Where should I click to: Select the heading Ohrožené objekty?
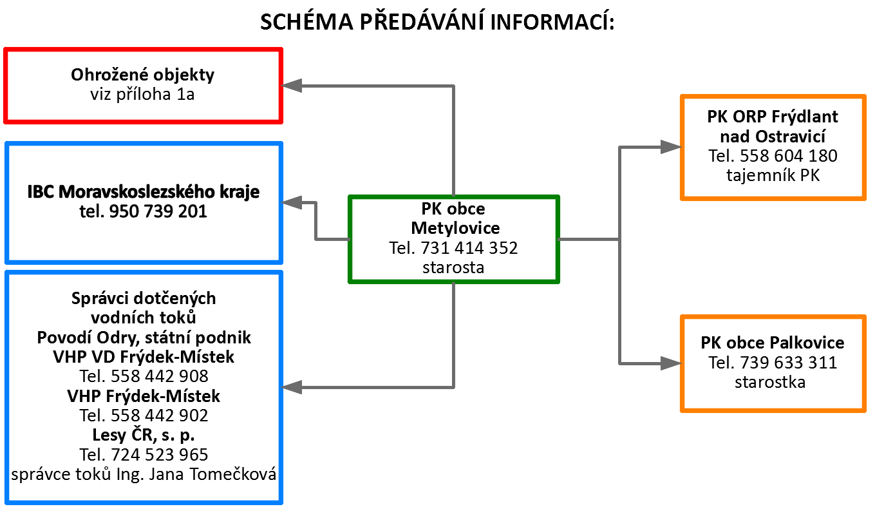pos(142,75)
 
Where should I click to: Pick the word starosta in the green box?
pos(453,267)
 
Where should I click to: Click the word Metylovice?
pos(455,228)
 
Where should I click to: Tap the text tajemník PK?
pos(773,175)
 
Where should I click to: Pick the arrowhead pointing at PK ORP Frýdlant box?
pos(672,148)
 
